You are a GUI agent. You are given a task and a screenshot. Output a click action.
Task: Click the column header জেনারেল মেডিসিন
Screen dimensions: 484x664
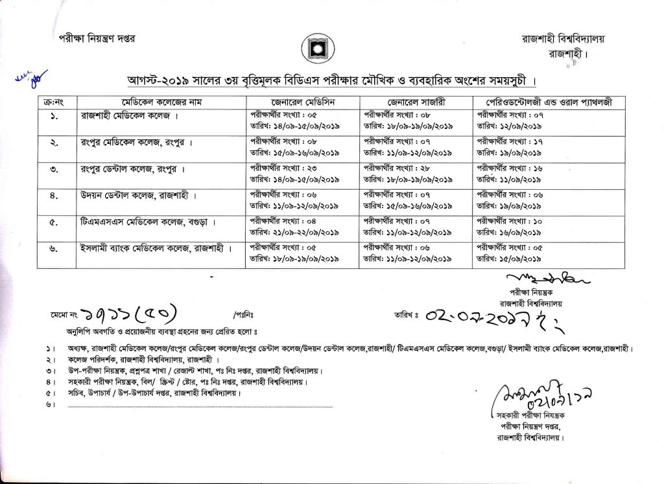coord(302,103)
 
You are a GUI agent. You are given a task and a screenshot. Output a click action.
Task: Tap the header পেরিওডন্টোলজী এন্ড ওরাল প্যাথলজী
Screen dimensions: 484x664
coord(548,103)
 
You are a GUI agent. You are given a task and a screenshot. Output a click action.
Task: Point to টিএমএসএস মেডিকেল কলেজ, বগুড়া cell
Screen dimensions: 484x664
coord(143,221)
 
